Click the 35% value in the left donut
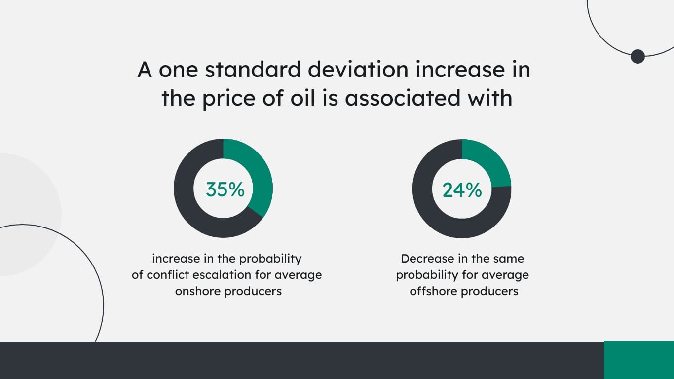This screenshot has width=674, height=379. [225, 189]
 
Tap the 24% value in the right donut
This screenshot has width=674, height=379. [462, 190]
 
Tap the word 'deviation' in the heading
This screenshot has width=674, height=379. [358, 70]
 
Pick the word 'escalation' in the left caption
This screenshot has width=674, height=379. [237, 275]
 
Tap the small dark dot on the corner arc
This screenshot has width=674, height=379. [637, 56]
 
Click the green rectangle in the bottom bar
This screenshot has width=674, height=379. [638, 360]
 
